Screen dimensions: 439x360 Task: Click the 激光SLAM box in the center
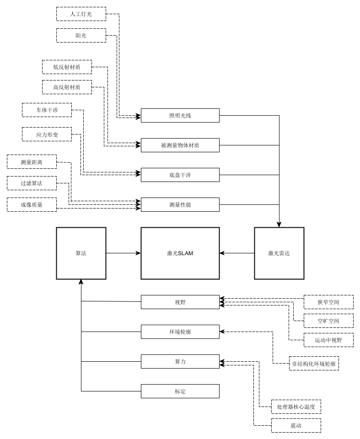pyautogui.click(x=180, y=253)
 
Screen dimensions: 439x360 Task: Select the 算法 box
pyautogui.click(x=81, y=253)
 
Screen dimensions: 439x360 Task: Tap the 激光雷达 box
pyautogui.click(x=279, y=253)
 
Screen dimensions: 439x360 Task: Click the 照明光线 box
pyautogui.click(x=180, y=115)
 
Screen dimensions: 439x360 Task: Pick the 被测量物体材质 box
pyautogui.click(x=180, y=145)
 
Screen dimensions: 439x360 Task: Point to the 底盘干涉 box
pyautogui.click(x=180, y=175)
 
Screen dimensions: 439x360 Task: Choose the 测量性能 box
pyautogui.click(x=180, y=204)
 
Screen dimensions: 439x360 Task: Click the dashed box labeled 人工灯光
pyautogui.click(x=81, y=14)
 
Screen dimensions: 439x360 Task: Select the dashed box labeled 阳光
pyautogui.click(x=81, y=35)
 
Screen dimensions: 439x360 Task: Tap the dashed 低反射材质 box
pyautogui.click(x=67, y=67)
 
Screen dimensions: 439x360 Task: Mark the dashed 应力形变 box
pyautogui.click(x=47, y=134)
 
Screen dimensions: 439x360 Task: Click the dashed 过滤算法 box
pyautogui.click(x=32, y=183)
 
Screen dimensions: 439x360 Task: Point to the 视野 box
pyautogui.click(x=180, y=302)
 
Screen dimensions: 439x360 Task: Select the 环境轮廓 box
pyautogui.click(x=180, y=332)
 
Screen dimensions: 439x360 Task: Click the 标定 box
pyautogui.click(x=180, y=391)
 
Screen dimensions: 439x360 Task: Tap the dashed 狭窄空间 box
pyautogui.click(x=328, y=302)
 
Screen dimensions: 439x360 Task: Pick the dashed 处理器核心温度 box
pyautogui.click(x=296, y=407)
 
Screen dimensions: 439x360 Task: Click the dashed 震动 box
pyautogui.click(x=296, y=425)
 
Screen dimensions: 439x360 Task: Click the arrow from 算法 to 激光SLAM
pyautogui.click(x=124, y=253)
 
